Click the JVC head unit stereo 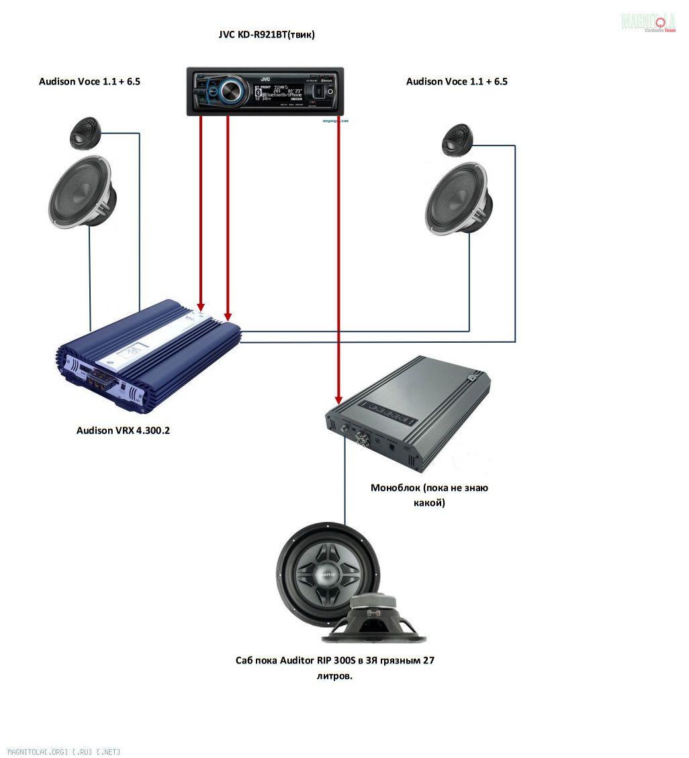point(265,91)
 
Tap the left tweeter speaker point(85,133)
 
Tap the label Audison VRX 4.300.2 point(123,431)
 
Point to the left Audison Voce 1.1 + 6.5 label point(89,82)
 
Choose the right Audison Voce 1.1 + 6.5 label point(457,82)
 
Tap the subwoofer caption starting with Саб point(334,661)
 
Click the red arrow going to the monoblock point(338,268)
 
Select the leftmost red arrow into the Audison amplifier point(200,215)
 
